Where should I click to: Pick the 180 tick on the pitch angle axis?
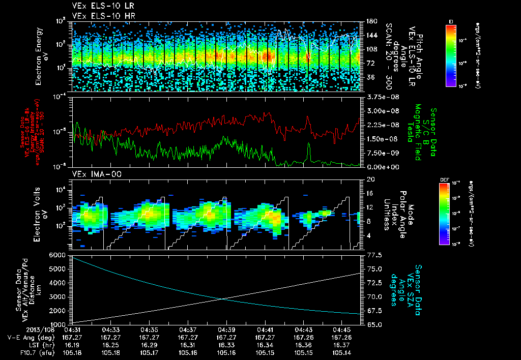pos(370,21)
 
